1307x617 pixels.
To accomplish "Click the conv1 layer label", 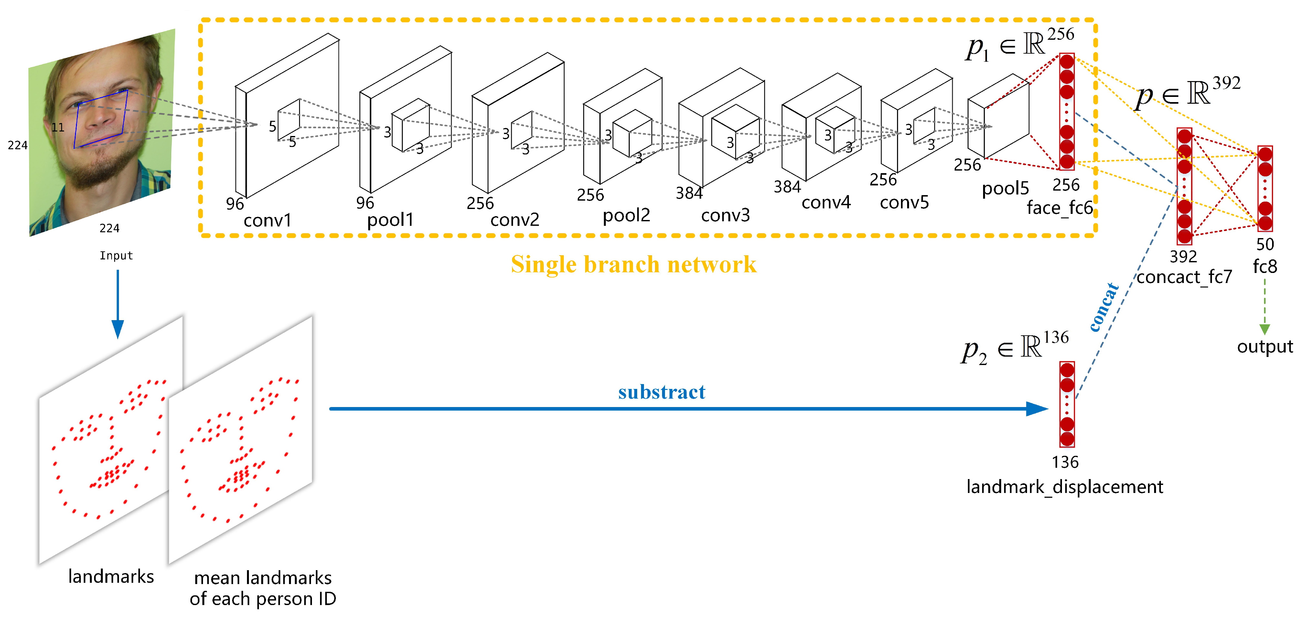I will tap(267, 221).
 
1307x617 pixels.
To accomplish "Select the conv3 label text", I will tap(725, 215).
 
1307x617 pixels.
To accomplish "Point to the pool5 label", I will tap(1005, 189).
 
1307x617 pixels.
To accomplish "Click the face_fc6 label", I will tap(1059, 208).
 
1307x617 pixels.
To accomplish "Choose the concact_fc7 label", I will tap(1184, 277).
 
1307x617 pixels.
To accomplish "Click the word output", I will tap(1264, 347).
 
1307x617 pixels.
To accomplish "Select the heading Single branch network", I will tap(633, 265).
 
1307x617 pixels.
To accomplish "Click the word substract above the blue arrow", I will tap(661, 392).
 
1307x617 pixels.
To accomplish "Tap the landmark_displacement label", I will tap(1064, 487).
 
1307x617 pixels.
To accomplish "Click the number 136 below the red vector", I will tap(1065, 462).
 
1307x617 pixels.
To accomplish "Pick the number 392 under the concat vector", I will tap(1183, 256).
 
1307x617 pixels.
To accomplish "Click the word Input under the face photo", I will tap(116, 256).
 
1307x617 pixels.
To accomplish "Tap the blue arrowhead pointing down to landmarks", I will tap(118, 329).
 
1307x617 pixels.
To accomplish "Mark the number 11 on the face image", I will tap(58, 127).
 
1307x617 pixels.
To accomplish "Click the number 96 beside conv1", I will tap(235, 204).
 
